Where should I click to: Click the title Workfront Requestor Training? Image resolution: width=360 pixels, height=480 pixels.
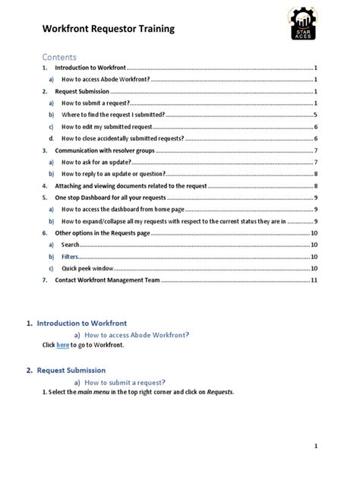(x=108, y=29)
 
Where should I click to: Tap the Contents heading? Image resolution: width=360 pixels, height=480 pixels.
(x=59, y=56)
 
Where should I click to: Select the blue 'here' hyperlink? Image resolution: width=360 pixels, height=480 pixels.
(x=63, y=345)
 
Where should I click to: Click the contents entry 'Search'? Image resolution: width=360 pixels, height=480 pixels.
(x=71, y=245)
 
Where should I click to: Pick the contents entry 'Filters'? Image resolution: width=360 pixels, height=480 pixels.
(x=71, y=257)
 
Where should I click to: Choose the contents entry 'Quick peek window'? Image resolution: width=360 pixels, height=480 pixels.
(x=88, y=268)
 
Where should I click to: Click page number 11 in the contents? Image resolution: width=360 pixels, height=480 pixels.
(x=313, y=280)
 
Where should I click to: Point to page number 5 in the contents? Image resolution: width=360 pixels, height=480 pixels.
(x=314, y=115)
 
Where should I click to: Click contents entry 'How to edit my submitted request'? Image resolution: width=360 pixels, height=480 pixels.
(x=107, y=127)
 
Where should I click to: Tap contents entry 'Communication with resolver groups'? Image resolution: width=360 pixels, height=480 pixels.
(x=105, y=150)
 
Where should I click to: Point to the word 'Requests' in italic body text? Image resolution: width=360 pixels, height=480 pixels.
(x=219, y=392)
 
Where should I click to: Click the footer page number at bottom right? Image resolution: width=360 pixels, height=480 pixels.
(x=314, y=446)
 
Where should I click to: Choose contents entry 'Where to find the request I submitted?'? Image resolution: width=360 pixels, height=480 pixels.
(x=113, y=115)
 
